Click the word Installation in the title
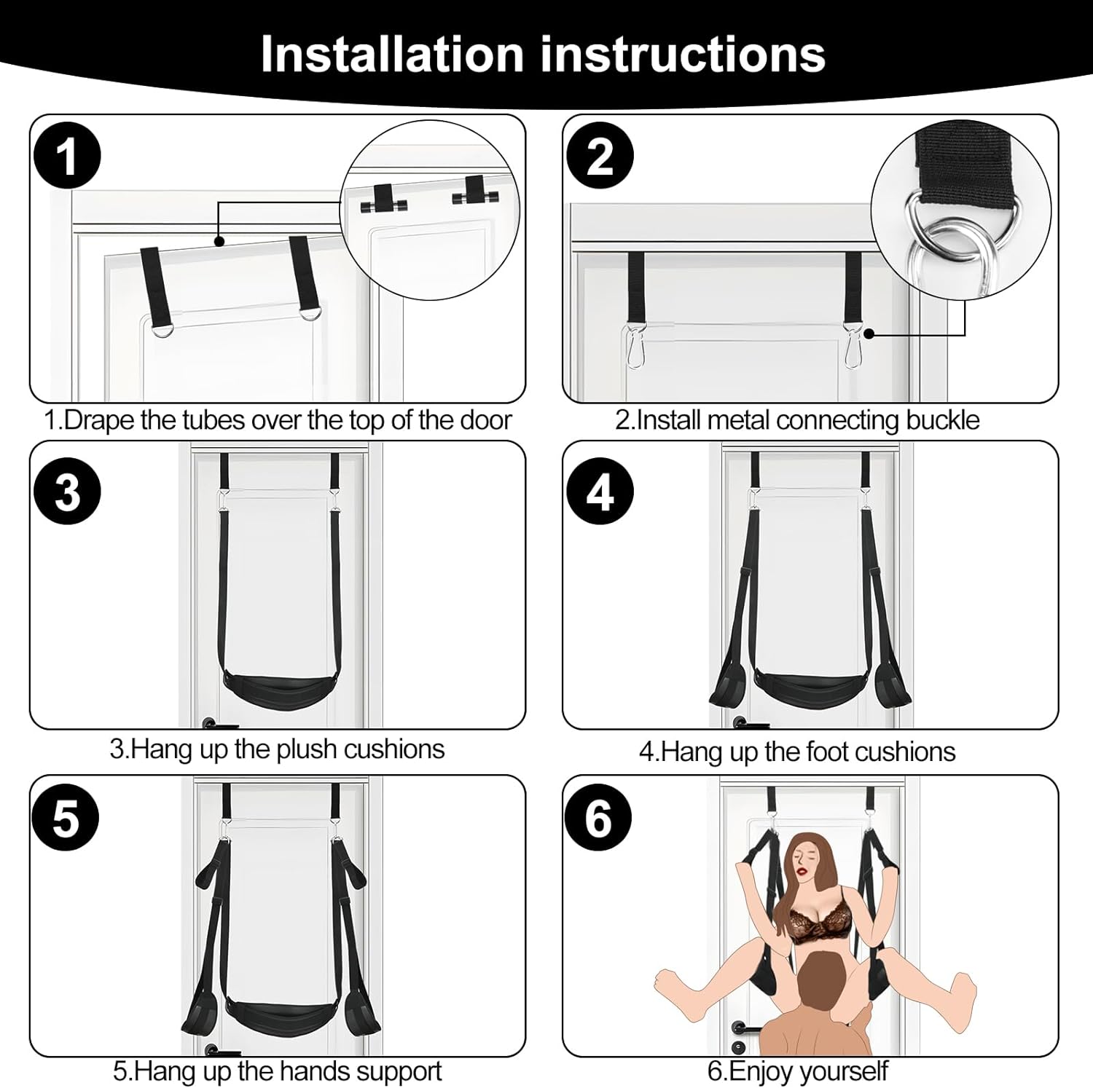[x=392, y=54]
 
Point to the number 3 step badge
[x=66, y=492]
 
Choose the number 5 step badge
[x=66, y=819]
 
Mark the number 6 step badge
[x=599, y=819]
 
